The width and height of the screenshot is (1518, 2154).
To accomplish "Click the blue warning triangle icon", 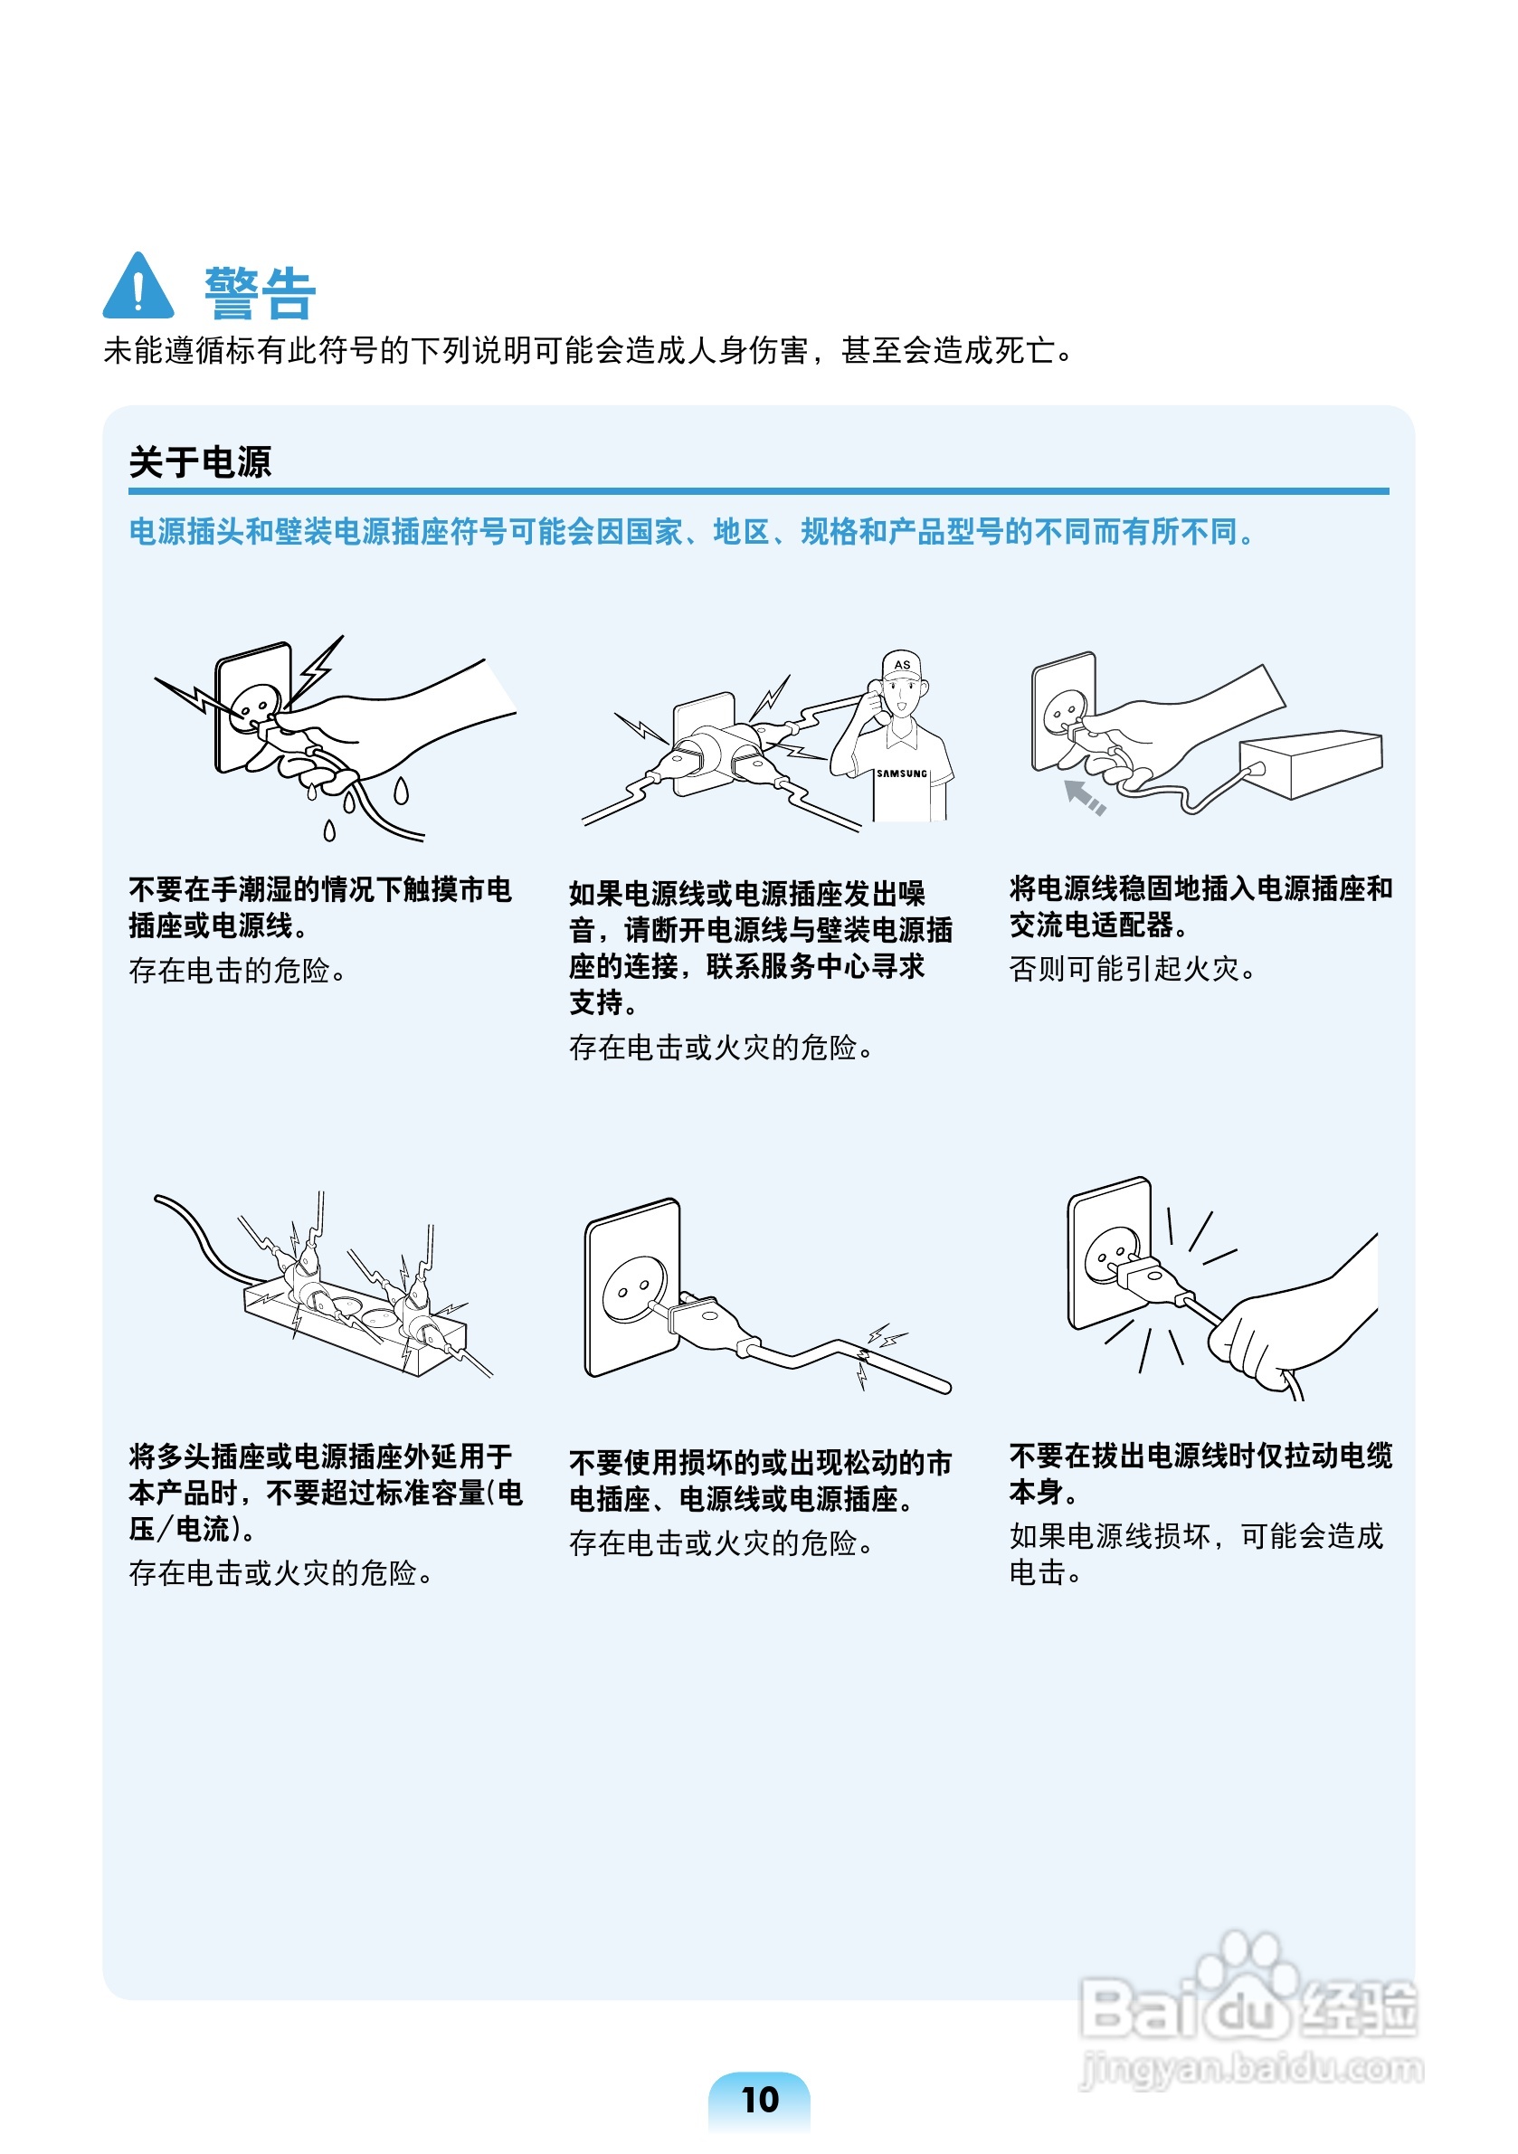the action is [x=138, y=286].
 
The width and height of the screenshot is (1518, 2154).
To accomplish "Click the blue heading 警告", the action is [x=260, y=294].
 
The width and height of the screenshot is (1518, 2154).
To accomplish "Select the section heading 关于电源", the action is [x=200, y=462].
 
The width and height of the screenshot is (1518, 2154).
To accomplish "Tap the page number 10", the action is [x=760, y=2100].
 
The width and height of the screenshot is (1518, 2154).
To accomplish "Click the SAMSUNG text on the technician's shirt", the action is [x=902, y=774].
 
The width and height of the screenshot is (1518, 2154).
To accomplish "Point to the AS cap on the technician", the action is [x=902, y=665].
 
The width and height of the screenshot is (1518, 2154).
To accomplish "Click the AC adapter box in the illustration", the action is [x=1312, y=764].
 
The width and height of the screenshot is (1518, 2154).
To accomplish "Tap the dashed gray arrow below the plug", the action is [x=1086, y=796].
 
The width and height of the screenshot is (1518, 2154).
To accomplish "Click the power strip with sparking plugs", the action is [x=356, y=1320].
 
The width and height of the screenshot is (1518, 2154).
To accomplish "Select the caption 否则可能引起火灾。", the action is [x=1133, y=969].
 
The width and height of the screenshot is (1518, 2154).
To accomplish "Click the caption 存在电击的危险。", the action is [x=237, y=971].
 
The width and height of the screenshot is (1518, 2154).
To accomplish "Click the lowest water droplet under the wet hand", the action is [x=329, y=831].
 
